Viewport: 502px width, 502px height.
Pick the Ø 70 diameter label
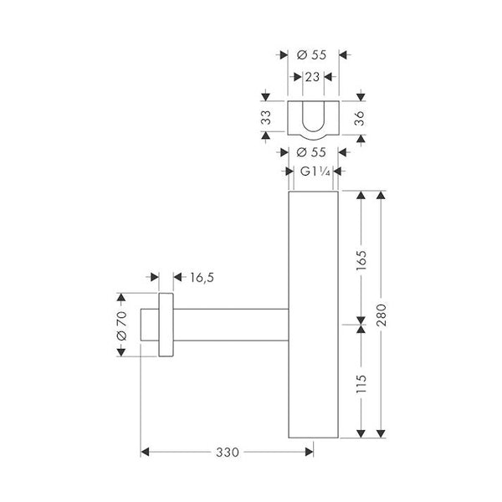coord(120,324)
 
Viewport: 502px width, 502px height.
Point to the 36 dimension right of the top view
coord(360,119)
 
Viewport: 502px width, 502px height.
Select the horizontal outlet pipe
coord(230,324)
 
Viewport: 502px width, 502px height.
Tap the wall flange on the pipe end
coord(165,324)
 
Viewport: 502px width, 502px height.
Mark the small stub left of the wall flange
coord(148,324)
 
